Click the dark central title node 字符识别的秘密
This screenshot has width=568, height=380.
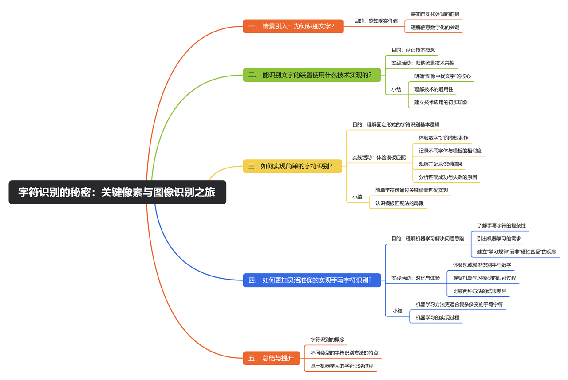(117, 192)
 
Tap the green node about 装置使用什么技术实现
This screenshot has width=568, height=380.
(312, 75)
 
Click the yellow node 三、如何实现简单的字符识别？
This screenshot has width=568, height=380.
(292, 166)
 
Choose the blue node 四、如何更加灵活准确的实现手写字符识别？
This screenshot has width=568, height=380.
(312, 280)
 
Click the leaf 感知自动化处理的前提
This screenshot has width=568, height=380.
(435, 14)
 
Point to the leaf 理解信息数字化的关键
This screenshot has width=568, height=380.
(435, 28)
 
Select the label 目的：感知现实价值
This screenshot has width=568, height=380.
(375, 21)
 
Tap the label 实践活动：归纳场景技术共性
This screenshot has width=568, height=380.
(422, 63)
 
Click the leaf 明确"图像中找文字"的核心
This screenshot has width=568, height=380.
(442, 76)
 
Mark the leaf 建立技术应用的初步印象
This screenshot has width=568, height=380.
(441, 103)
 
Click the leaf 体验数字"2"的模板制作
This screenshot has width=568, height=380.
(443, 138)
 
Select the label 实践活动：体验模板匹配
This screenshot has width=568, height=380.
(379, 157)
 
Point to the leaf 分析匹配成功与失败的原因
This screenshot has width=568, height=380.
(448, 177)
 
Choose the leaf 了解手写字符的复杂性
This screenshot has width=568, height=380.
(501, 226)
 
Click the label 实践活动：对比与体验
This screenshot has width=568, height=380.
(415, 278)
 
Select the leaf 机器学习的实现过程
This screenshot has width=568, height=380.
(437, 318)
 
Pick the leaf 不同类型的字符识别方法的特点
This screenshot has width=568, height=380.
(344, 353)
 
